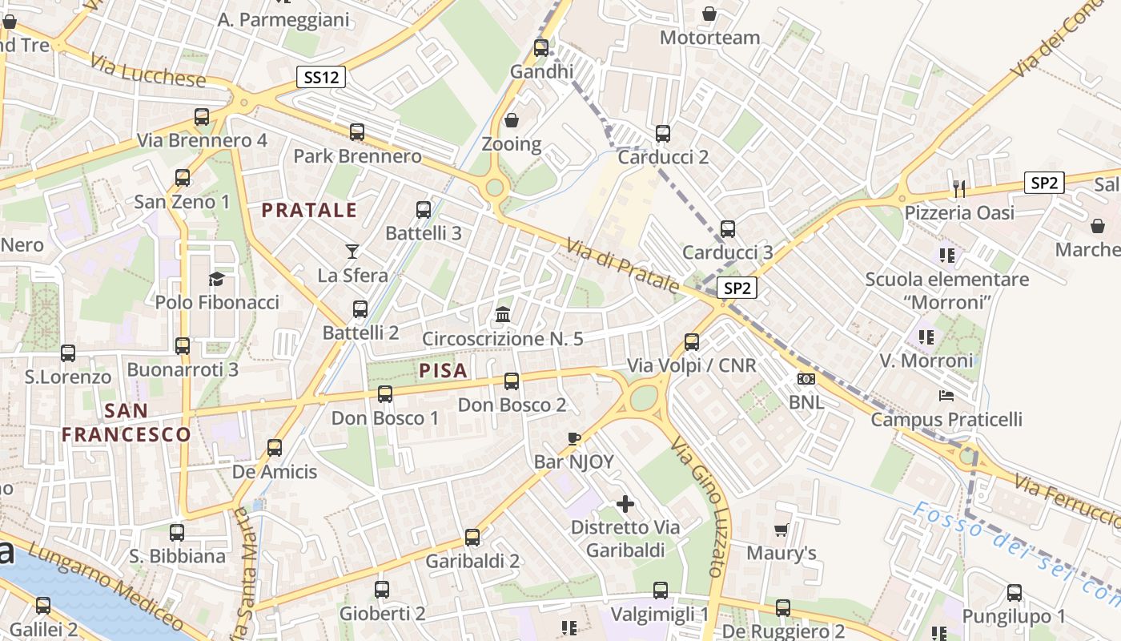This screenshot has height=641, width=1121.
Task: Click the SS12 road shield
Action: click(x=320, y=77)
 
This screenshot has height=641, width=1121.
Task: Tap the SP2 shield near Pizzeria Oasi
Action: click(x=1044, y=183)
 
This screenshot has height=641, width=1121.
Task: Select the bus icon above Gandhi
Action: click(x=541, y=47)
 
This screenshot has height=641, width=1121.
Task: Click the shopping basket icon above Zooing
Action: click(x=512, y=121)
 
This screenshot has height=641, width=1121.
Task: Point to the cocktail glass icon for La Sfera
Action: click(x=352, y=252)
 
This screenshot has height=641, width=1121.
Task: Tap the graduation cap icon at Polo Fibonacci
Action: click(x=216, y=279)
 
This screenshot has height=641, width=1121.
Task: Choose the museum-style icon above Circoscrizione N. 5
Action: click(x=503, y=314)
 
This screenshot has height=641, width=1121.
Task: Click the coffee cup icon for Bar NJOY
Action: click(x=573, y=438)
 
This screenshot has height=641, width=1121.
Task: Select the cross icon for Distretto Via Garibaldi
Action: click(x=625, y=504)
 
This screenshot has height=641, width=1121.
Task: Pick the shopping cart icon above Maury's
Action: click(x=781, y=530)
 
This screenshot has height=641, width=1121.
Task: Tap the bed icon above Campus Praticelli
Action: click(x=946, y=396)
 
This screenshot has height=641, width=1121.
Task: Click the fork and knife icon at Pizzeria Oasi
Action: click(x=959, y=188)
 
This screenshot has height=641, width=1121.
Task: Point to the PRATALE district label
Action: click(x=309, y=211)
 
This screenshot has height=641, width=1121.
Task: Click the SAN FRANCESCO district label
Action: click(x=127, y=423)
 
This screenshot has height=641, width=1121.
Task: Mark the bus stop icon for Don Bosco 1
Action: click(x=385, y=394)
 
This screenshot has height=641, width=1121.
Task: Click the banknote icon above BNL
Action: click(x=806, y=378)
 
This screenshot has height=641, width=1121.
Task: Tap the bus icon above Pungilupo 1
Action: click(x=1015, y=593)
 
